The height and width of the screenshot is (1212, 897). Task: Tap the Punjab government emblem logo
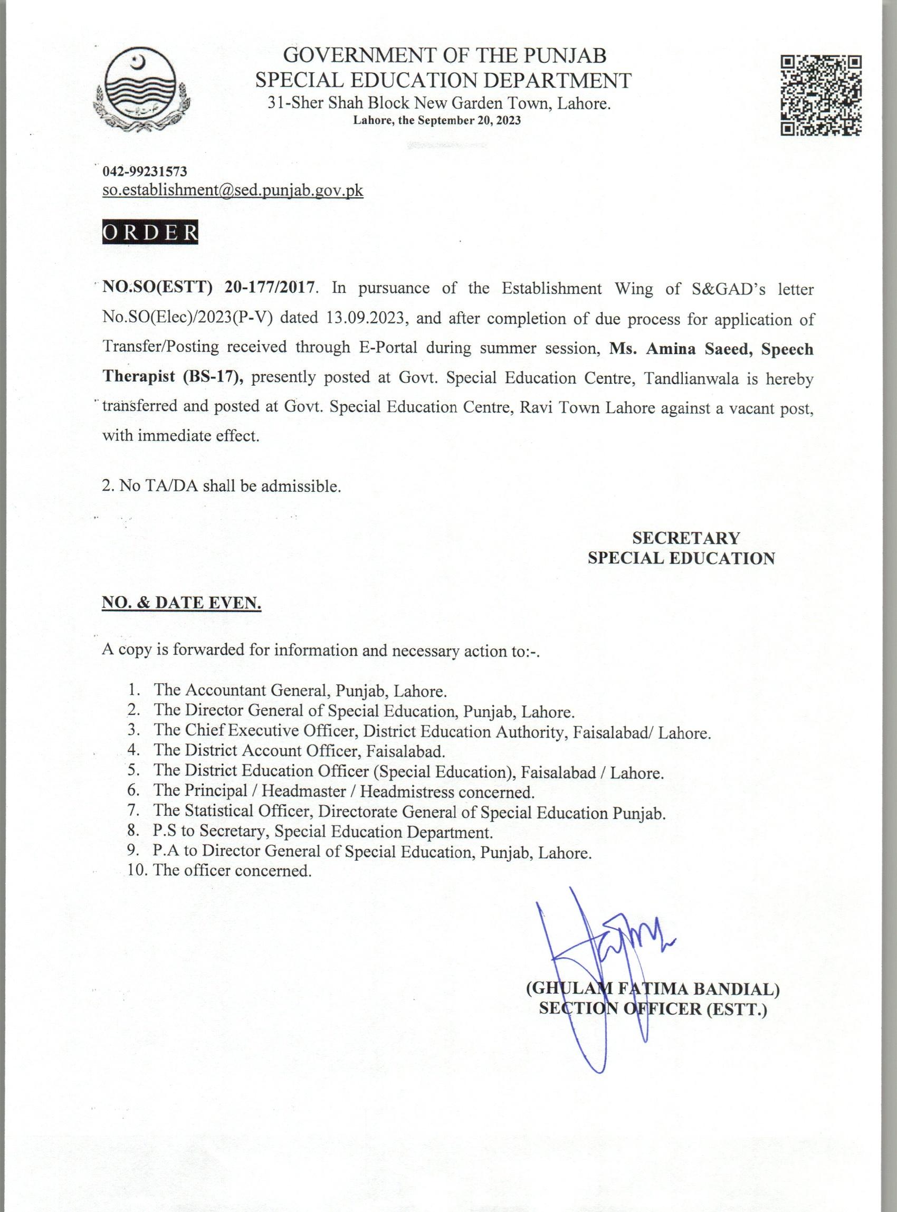pos(142,89)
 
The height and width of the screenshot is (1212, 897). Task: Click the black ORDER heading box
pos(150,232)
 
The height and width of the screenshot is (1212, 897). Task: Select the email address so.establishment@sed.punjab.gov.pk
pos(232,190)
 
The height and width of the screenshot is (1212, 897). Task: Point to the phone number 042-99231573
pos(145,171)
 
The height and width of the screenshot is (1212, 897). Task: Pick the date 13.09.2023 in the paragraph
pos(367,318)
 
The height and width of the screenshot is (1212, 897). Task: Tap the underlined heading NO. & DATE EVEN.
pos(182,603)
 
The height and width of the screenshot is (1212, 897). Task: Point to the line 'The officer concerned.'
pos(232,871)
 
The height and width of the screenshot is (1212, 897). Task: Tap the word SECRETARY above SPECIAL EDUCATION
pos(685,538)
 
